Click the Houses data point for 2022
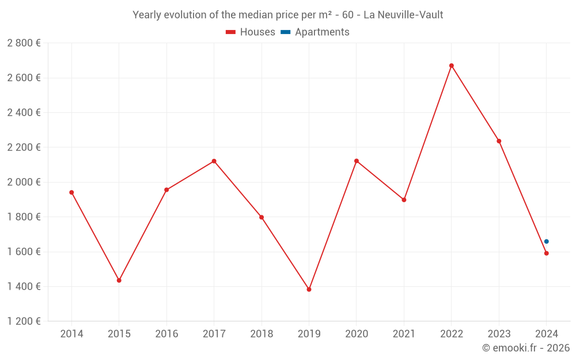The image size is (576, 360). click(452, 66)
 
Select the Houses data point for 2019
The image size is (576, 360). click(309, 289)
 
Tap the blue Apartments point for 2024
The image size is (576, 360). click(547, 241)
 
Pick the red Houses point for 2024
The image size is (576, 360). click(547, 253)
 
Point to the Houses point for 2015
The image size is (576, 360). click(119, 281)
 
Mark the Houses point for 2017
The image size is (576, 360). click(214, 161)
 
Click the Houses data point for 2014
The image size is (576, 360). click(71, 192)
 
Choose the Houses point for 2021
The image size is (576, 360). click(404, 200)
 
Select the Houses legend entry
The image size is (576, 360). click(251, 32)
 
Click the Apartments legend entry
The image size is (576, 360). click(315, 32)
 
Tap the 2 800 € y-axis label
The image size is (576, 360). click(24, 43)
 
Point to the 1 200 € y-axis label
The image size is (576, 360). click(24, 321)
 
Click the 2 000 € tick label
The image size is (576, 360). click(24, 182)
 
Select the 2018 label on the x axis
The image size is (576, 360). click(262, 334)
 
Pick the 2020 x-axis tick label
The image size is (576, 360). click(357, 334)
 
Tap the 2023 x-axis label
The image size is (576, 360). click(499, 334)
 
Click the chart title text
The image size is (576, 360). click(288, 15)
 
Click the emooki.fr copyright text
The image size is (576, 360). click(526, 348)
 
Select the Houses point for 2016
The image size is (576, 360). click(166, 190)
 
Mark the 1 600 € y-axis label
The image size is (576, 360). click(24, 252)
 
